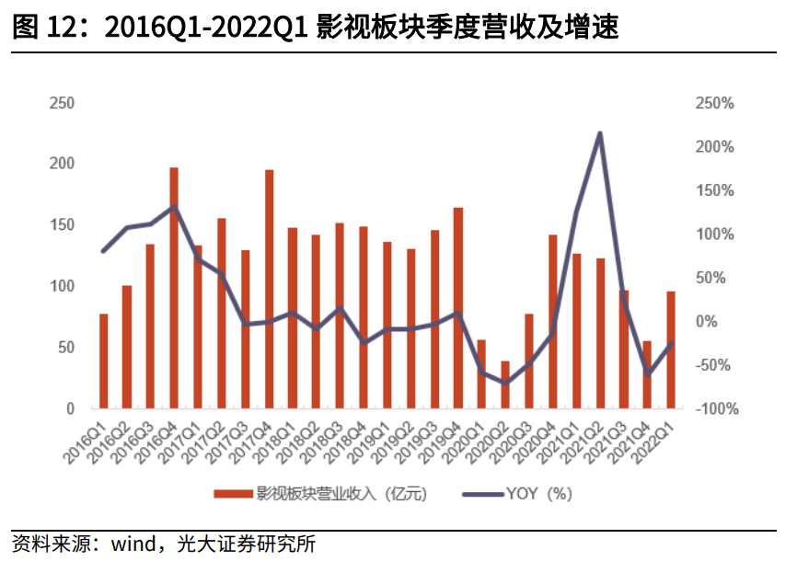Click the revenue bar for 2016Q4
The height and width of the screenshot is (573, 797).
pos(174,287)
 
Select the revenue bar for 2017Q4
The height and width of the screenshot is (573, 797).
pos(270,289)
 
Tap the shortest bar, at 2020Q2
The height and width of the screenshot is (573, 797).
pos(505,384)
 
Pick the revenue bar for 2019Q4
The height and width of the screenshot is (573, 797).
pos(457,307)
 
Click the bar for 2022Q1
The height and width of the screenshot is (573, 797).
pos(671,350)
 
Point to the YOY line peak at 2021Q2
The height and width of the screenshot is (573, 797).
pos(600,134)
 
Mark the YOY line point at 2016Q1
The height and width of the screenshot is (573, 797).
pos(103,251)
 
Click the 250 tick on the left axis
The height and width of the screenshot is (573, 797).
pos(62,103)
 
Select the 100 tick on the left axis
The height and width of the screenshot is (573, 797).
pos(62,286)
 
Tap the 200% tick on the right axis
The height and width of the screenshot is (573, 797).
pos(714,147)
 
